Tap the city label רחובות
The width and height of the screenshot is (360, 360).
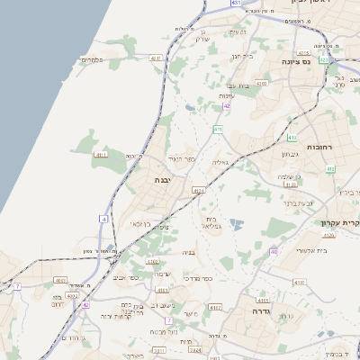tap(320, 146)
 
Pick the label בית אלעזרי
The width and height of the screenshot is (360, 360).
tap(314, 249)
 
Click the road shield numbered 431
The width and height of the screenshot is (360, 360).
tap(236, 4)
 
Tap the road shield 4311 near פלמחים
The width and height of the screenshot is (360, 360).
tap(156, 58)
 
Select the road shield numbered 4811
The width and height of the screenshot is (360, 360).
tap(101, 155)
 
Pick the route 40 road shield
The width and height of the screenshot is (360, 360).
tap(274, 252)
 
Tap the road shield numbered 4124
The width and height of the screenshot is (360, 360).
tap(199, 190)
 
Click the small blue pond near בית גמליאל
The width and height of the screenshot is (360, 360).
tap(236, 222)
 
